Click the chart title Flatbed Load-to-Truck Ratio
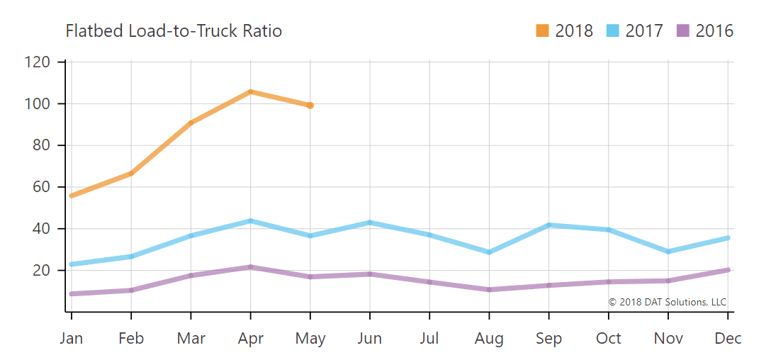(174, 31)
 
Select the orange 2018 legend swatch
(543, 31)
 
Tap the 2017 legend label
(644, 31)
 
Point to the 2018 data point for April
(250, 91)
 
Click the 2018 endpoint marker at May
(310, 106)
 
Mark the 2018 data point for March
(191, 123)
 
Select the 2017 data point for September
(548, 225)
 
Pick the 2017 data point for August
(489, 252)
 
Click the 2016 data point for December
(728, 270)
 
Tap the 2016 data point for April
(250, 267)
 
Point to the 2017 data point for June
(370, 223)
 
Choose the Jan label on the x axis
(72, 339)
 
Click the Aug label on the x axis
(489, 339)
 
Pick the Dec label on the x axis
(728, 339)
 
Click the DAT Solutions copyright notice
(668, 302)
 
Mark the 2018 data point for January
(72, 196)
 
